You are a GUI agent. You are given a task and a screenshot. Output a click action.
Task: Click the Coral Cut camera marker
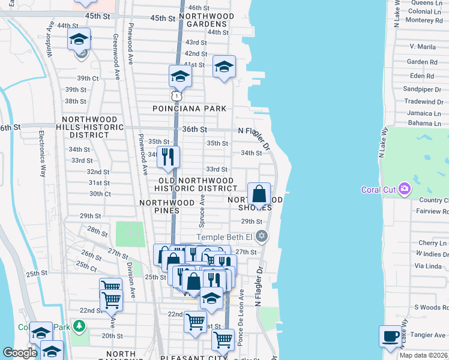coord(405,190)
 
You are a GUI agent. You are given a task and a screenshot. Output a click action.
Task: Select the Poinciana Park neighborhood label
coord(190,109)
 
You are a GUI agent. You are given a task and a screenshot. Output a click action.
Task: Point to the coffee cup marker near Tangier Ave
coord(390,336)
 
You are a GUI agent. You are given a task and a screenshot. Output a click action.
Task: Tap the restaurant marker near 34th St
coord(169,157)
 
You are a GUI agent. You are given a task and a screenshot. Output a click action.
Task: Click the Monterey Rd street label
coord(424,20)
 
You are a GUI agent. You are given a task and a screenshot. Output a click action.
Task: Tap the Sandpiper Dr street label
coord(423,89)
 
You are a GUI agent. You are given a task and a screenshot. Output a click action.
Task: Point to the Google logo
coord(19,353)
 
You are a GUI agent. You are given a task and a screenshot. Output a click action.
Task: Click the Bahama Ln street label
coord(424,123)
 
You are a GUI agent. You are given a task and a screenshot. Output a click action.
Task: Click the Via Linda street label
coord(428,265)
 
